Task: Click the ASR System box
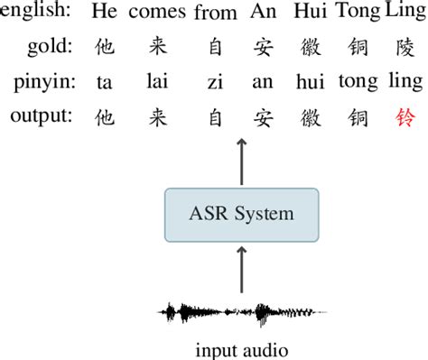pyautogui.click(x=241, y=214)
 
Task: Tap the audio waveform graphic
pyautogui.click(x=241, y=313)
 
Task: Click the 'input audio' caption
pyautogui.click(x=241, y=348)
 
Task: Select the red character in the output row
pyautogui.click(x=403, y=116)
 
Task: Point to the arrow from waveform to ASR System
pyautogui.click(x=241, y=269)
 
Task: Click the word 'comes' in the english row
pyautogui.click(x=156, y=14)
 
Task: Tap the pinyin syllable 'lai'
pyautogui.click(x=156, y=82)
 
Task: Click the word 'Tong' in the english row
pyautogui.click(x=358, y=14)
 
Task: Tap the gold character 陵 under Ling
pyautogui.click(x=403, y=47)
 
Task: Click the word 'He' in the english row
pyautogui.click(x=104, y=14)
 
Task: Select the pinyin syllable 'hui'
pyautogui.click(x=309, y=82)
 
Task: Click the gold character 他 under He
pyautogui.click(x=104, y=47)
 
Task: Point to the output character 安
pyautogui.click(x=263, y=116)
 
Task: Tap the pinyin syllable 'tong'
pyautogui.click(x=358, y=82)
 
